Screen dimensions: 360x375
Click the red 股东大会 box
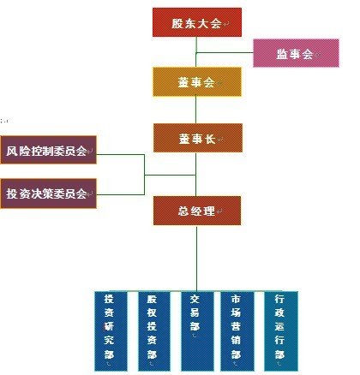click(x=197, y=22)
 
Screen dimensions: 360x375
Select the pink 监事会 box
click(x=296, y=53)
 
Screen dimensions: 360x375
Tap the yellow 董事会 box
click(x=197, y=82)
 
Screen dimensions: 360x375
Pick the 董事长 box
click(x=198, y=138)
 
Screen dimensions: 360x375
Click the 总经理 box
click(x=197, y=211)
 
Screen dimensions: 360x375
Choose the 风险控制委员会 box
click(x=48, y=150)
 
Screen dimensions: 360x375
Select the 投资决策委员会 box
click(x=48, y=193)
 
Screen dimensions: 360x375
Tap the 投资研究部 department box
click(x=111, y=331)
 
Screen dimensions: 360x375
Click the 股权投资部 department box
click(x=154, y=331)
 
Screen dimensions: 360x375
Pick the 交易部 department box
click(x=197, y=331)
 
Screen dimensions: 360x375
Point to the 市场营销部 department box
click(x=237, y=331)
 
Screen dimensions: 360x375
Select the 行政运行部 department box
click(x=281, y=331)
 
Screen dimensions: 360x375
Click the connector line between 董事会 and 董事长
click(x=195, y=110)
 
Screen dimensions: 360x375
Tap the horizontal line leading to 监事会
click(x=225, y=52)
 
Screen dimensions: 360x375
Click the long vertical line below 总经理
click(x=196, y=259)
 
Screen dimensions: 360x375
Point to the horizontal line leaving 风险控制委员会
click(x=120, y=154)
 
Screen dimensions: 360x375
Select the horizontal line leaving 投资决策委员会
click(x=120, y=194)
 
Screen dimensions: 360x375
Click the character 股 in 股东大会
click(x=177, y=23)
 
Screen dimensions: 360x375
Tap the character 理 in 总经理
click(x=209, y=211)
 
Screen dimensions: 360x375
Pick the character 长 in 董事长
click(x=210, y=139)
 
